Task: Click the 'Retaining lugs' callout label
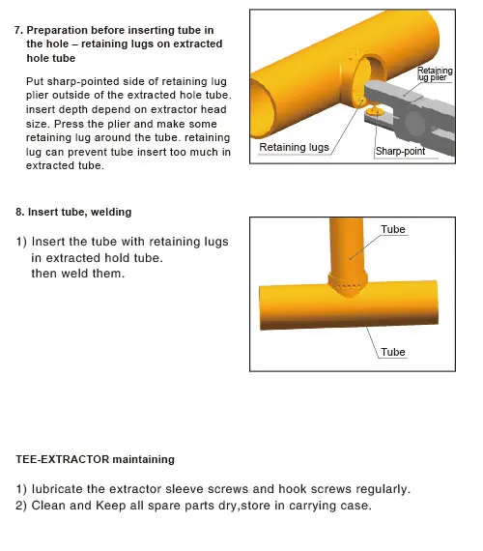[x=294, y=147]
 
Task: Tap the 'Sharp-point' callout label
[x=400, y=151]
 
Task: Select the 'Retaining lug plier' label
[x=435, y=73]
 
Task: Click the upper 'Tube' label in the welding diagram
[x=393, y=229]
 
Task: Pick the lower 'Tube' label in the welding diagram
[x=393, y=352]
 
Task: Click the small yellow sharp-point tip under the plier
[x=375, y=112]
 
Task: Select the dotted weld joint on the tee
[x=348, y=286]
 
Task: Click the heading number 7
[x=18, y=30]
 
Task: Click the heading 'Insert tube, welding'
[x=80, y=212]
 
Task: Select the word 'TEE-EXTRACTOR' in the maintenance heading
[x=63, y=459]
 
